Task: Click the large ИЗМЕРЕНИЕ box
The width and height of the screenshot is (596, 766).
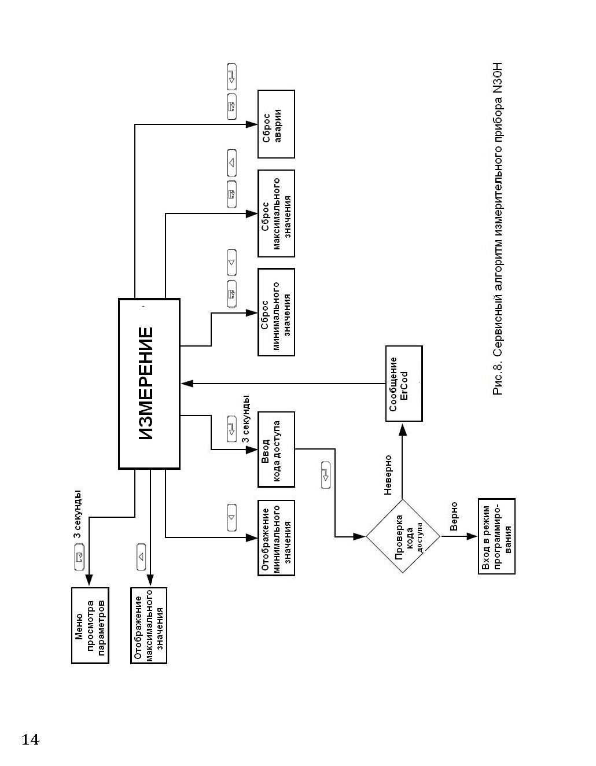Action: pos(149,384)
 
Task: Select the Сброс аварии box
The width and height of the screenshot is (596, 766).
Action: pos(276,124)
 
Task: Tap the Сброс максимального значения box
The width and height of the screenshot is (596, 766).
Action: pos(276,213)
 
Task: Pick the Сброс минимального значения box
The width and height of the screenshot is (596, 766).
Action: pos(276,312)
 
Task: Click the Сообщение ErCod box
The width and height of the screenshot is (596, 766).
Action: pos(404,384)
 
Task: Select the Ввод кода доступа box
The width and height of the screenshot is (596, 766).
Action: pos(276,450)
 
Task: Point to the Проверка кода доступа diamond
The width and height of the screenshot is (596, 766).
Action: pos(403,536)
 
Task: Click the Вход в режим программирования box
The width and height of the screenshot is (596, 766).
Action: pos(496,536)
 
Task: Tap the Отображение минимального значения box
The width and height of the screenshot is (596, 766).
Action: pos(276,537)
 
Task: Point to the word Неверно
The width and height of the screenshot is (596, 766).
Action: pos(388,475)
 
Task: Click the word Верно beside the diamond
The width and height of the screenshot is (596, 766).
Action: pos(454,517)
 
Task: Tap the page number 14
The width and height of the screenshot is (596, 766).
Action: pos(30,739)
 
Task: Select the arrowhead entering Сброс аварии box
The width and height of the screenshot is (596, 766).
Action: pos(252,124)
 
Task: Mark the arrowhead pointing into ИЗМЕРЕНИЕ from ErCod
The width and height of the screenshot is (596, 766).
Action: pos(187,384)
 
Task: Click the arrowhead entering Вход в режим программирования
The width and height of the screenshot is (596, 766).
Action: pos(472,536)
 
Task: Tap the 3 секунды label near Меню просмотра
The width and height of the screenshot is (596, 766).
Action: pos(77,514)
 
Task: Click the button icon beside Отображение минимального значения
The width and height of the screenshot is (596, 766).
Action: pos(231,517)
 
